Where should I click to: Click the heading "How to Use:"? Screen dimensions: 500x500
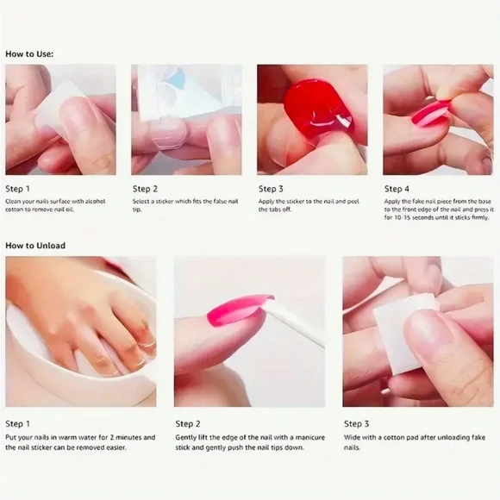29,53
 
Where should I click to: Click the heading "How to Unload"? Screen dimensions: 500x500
34,246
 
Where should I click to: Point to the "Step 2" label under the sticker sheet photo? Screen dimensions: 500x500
145,188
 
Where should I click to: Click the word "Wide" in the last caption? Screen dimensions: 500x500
353,438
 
